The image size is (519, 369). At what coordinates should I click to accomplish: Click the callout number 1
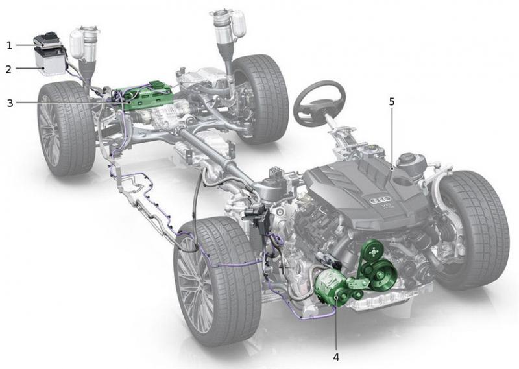click(9, 45)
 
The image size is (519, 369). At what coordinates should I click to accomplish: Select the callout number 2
click(9, 68)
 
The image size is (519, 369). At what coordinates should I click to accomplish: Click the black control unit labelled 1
click(47, 41)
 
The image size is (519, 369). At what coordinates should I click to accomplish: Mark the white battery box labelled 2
click(49, 64)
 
